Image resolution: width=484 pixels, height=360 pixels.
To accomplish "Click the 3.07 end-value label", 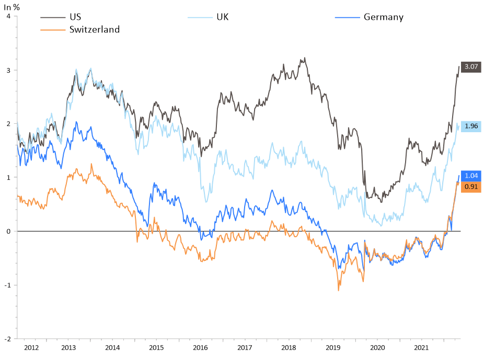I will [472, 67].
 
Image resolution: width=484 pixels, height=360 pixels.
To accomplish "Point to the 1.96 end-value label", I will [472, 126].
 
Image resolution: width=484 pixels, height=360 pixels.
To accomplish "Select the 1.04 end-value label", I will [472, 176].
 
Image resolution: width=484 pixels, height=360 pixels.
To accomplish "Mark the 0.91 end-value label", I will [472, 187].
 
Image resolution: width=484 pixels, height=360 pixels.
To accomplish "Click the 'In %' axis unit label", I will [12, 7].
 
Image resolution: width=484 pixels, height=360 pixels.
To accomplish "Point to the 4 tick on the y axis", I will [8, 16].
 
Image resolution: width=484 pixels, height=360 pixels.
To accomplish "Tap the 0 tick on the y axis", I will [8, 231].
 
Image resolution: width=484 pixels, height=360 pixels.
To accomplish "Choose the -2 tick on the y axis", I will [7, 339].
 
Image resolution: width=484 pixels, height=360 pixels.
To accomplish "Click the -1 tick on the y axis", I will [7, 285].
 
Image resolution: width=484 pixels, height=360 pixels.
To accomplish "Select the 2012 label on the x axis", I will [31, 347].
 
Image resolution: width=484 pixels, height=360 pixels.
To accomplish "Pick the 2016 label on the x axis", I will [200, 347].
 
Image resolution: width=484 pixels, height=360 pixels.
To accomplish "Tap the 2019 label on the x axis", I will [333, 347].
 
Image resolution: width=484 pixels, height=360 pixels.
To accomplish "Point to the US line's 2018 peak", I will [305, 58].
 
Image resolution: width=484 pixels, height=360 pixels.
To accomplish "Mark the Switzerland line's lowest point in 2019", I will [338, 291].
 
